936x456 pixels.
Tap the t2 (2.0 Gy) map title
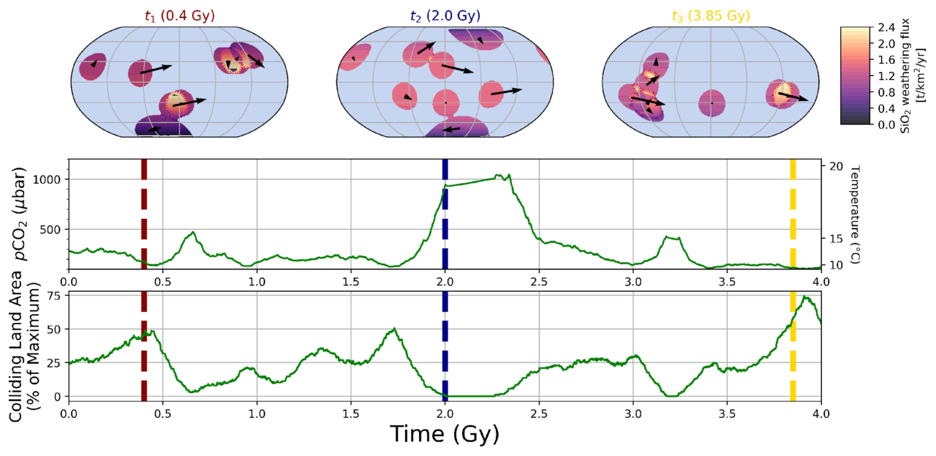[x=445, y=15]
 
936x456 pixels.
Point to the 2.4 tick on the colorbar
[x=883, y=28]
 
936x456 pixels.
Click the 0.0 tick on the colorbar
[x=883, y=124]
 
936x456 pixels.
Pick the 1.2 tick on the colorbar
[x=883, y=76]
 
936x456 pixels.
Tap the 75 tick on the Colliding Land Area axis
[x=54, y=296]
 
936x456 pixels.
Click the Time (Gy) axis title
[x=445, y=434]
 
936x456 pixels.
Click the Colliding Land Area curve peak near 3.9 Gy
[x=804, y=297]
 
